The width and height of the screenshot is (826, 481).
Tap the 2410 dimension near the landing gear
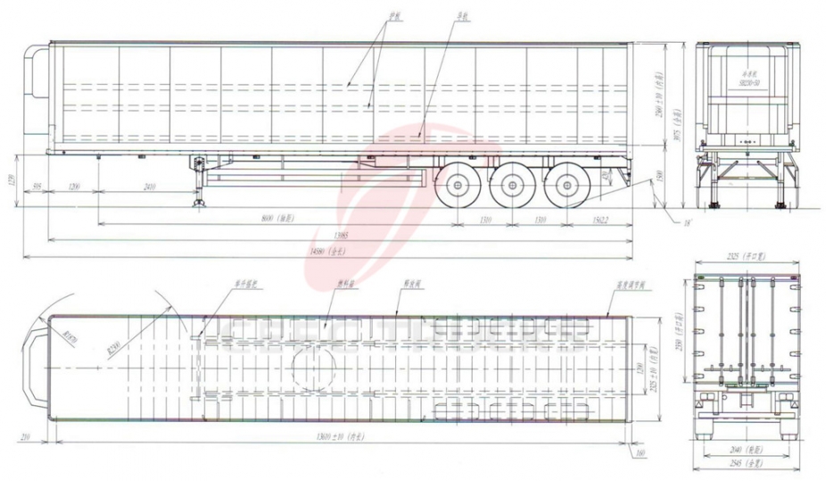coord(150,187)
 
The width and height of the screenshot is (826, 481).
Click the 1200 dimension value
coord(77,187)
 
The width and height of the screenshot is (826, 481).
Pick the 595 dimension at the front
coord(37,187)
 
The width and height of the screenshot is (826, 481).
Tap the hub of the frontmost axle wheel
coord(459,186)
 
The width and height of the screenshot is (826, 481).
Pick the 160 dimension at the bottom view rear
coord(640,452)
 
